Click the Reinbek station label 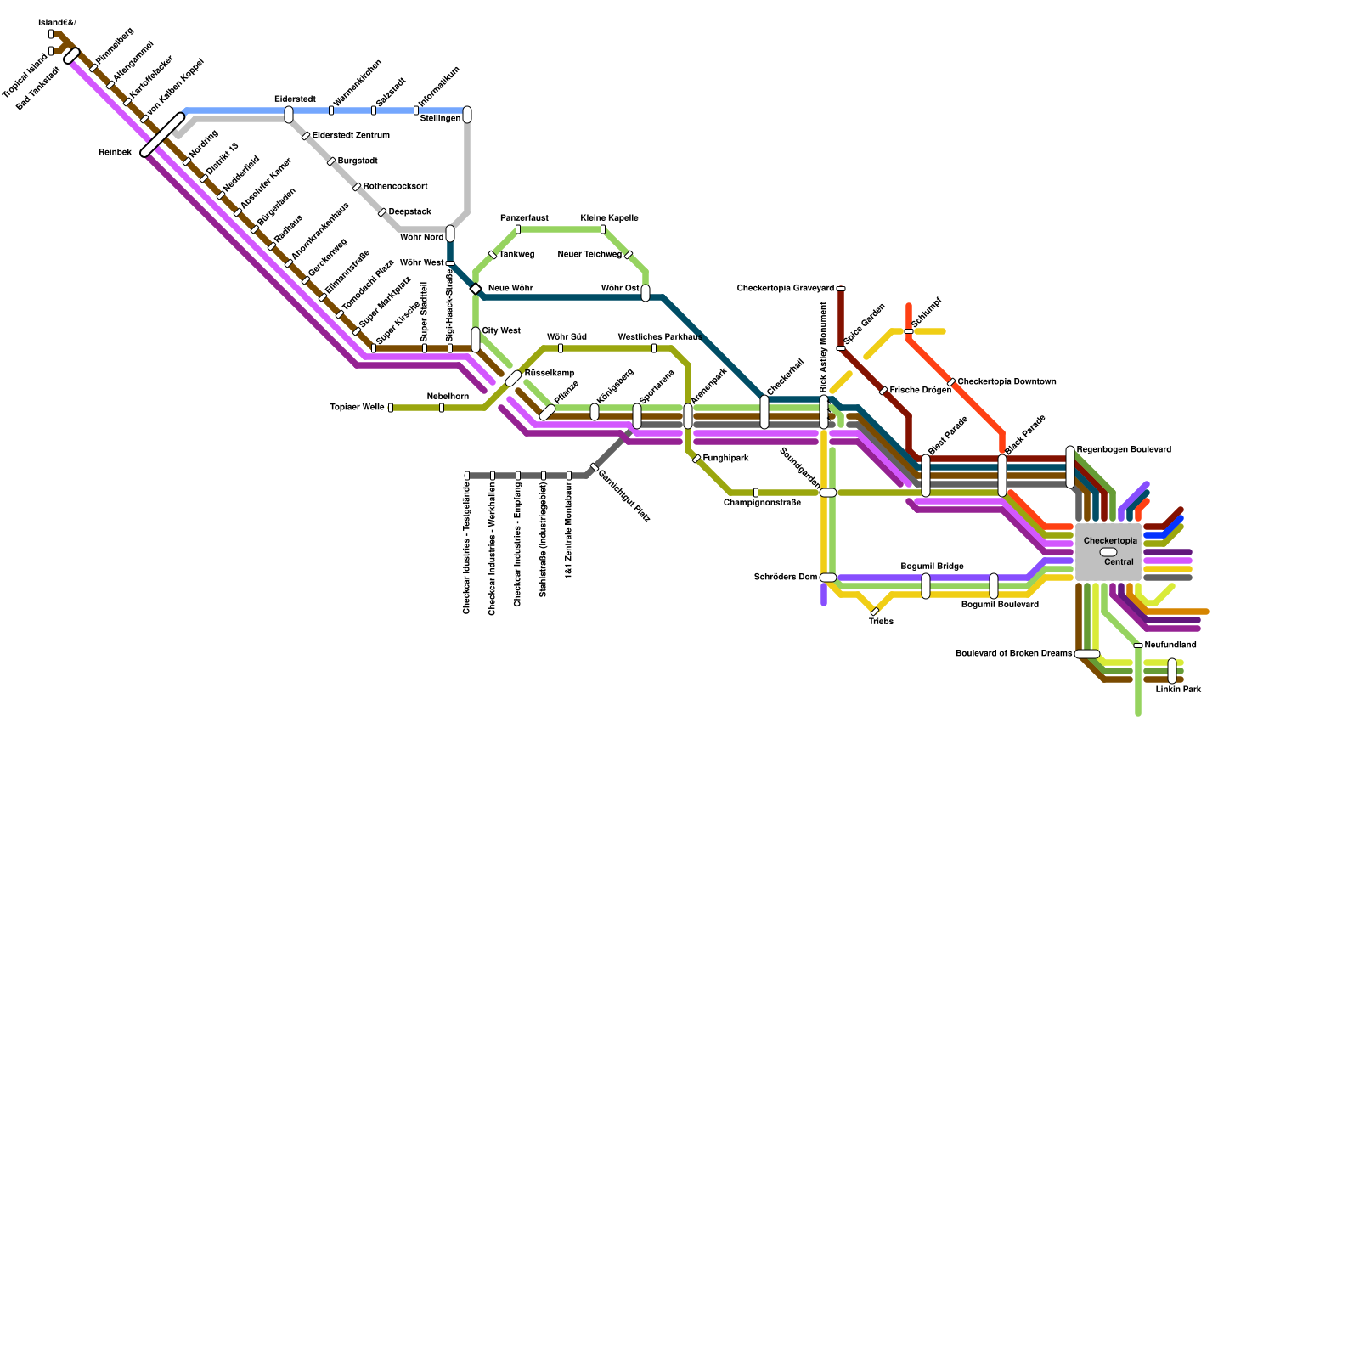115,153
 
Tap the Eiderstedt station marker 289,115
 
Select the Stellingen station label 440,119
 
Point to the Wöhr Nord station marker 450,234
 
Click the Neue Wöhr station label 510,289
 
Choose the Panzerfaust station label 524,218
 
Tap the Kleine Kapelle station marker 603,229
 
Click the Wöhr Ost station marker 646,293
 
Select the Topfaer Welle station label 357,408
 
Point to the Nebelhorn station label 448,397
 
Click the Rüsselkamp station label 550,374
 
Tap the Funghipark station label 725,459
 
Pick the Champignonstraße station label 762,503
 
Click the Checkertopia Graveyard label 786,289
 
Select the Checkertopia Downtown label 1007,382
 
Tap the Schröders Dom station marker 828,578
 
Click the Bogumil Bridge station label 932,567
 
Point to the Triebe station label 881,622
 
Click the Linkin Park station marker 1172,671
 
